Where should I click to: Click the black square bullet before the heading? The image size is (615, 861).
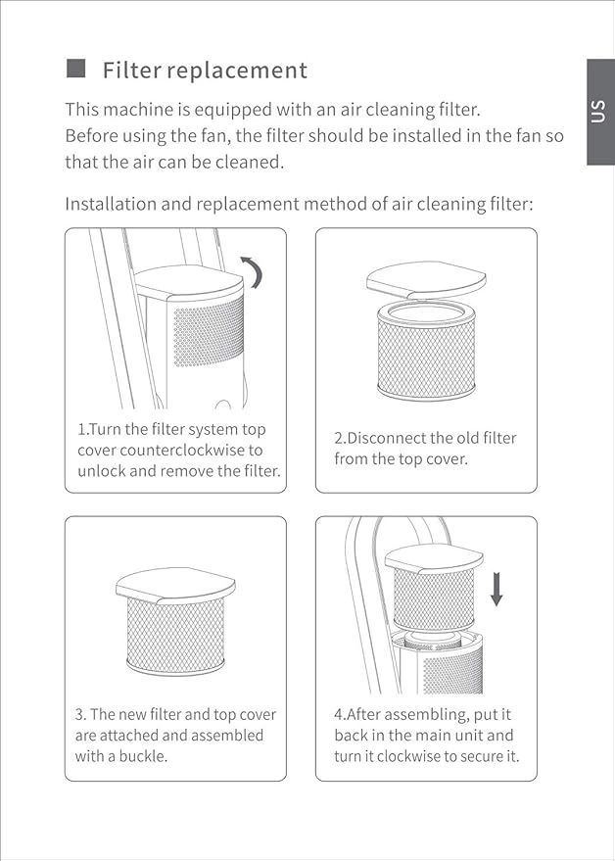coord(75,69)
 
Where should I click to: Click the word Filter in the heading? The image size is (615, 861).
coord(131,71)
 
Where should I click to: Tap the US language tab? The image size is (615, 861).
coord(599,112)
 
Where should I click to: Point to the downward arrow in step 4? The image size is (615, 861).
coord(497,590)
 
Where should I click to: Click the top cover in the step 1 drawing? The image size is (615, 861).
coord(189,282)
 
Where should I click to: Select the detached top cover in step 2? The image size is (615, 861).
coord(425,280)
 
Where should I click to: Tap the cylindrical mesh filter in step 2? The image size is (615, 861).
coord(426,350)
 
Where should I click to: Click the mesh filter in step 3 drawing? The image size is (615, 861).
coord(175,636)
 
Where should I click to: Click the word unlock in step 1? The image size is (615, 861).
coord(101,471)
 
